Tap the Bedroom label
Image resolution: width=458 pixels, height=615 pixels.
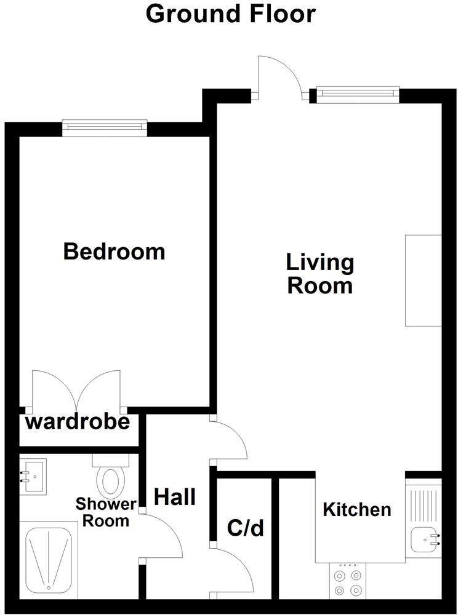point(114,252)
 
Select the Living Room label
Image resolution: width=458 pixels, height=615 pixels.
point(320,274)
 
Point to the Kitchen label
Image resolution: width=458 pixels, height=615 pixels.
point(357,509)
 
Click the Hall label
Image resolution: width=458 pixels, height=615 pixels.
point(175,496)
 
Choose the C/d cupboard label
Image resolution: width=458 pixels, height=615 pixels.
point(245,528)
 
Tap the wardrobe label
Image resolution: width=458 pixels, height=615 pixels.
point(78,423)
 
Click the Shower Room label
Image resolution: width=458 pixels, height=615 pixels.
point(106,513)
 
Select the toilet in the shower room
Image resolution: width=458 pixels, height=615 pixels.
point(111,477)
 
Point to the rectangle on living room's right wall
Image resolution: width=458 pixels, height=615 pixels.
point(423,280)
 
